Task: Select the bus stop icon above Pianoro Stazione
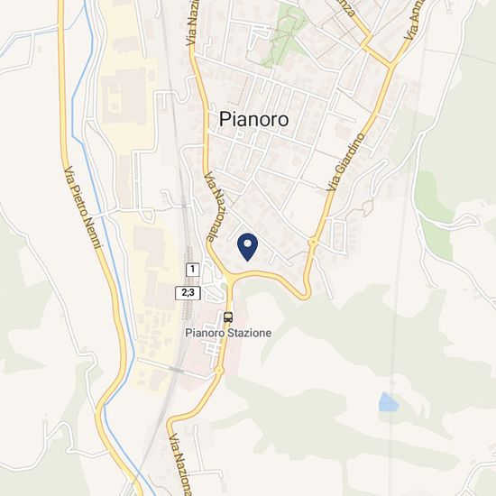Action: click(x=228, y=317)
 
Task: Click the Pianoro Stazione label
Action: click(x=228, y=333)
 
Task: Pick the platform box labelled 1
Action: click(x=192, y=270)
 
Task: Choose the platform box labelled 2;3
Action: click(x=188, y=292)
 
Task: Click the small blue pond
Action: click(x=388, y=401)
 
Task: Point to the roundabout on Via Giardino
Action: click(x=313, y=242)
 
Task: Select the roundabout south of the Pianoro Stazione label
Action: click(x=219, y=370)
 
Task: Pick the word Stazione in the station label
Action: click(x=249, y=333)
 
